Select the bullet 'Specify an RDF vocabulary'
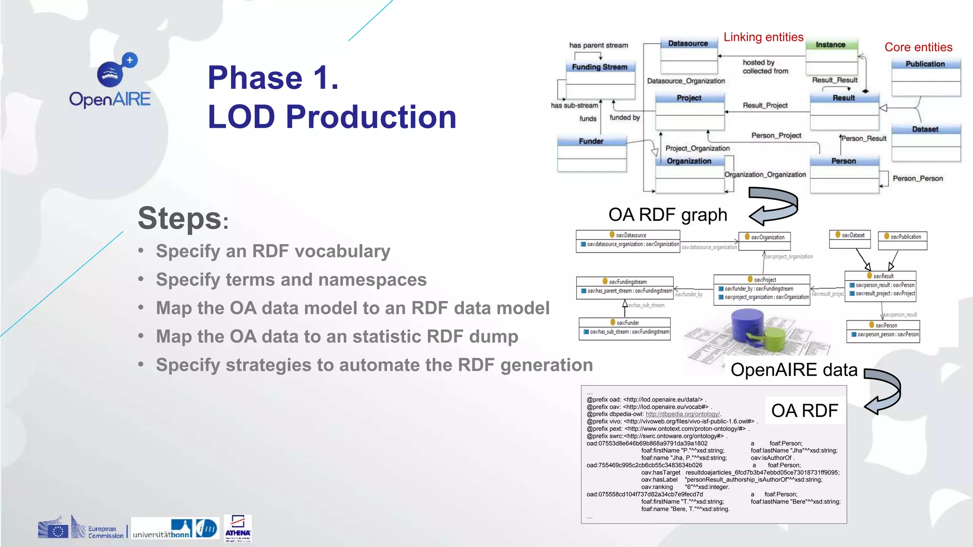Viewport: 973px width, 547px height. pyautogui.click(x=273, y=251)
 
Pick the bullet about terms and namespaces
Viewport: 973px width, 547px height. pyautogui.click(x=291, y=280)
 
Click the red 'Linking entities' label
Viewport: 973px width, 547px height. pyautogui.click(x=763, y=37)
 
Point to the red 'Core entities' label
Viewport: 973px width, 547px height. pyautogui.click(x=918, y=47)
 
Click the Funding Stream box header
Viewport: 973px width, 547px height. pyautogui.click(x=600, y=67)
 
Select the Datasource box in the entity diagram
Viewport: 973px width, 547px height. pyautogui.click(x=688, y=44)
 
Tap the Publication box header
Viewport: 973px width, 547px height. pyautogui.click(x=925, y=64)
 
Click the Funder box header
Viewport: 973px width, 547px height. pyautogui.click(x=591, y=141)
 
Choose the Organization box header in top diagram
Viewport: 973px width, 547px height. pyautogui.click(x=689, y=161)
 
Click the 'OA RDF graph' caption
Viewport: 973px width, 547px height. pyautogui.click(x=668, y=215)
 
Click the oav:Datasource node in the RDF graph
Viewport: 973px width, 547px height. pyautogui.click(x=628, y=235)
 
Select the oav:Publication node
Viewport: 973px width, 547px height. pyautogui.click(x=902, y=236)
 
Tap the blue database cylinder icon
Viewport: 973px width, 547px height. pyautogui.click(x=747, y=325)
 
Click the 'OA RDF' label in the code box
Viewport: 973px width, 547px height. pyautogui.click(x=804, y=411)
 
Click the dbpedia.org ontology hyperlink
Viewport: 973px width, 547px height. pyautogui.click(x=683, y=414)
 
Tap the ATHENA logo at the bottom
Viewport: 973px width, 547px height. pyautogui.click(x=238, y=528)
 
